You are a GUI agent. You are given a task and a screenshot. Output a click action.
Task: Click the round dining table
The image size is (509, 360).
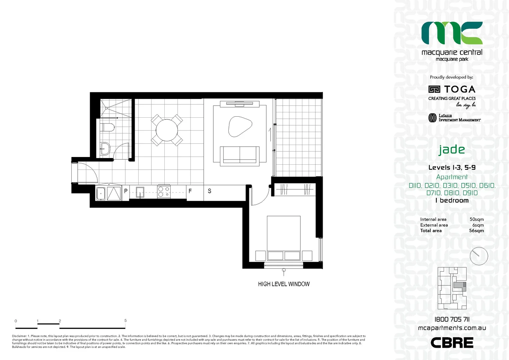tap(167, 130)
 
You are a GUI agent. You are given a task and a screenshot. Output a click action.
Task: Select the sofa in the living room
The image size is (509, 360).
tap(240, 155)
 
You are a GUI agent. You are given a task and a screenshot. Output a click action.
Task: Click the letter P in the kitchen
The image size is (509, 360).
tap(126, 191)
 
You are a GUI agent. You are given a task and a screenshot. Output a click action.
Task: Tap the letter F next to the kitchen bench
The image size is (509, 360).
tap(190, 191)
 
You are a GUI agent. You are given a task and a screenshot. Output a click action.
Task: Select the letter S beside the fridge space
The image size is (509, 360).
tap(209, 191)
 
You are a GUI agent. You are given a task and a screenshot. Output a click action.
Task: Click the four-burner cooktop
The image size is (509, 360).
tap(164, 191)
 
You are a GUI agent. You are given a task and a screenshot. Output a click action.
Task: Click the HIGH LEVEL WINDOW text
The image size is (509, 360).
tap(284, 284)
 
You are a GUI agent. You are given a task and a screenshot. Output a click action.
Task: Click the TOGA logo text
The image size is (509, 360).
tap(459, 89)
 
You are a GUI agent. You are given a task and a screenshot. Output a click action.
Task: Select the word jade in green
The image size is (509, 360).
tap(452, 149)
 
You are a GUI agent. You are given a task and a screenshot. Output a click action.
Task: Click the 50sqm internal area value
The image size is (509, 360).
tap(476, 219)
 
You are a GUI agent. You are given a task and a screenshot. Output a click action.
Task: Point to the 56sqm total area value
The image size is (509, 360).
tap(476, 231)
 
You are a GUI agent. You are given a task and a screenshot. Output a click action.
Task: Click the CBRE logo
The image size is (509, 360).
tap(452, 343)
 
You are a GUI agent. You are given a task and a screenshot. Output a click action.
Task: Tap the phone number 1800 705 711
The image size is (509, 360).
tap(452, 319)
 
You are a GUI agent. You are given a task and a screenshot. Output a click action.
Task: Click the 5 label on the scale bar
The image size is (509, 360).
tap(125, 321)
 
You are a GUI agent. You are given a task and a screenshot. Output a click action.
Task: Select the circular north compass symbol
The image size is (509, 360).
tap(479, 256)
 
